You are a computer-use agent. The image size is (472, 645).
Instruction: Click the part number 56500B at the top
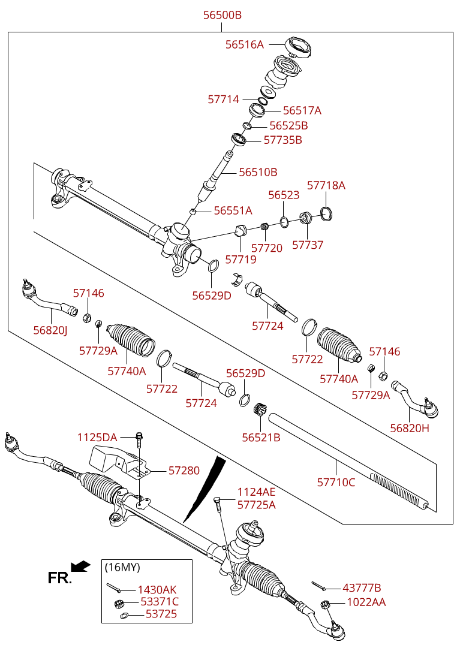[x=222, y=15]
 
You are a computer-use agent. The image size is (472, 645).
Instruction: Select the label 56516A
[x=244, y=44]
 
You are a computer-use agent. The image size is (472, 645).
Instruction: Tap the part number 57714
[x=223, y=100]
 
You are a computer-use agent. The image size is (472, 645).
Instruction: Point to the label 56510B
[x=258, y=172]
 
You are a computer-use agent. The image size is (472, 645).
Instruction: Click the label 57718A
[x=326, y=185]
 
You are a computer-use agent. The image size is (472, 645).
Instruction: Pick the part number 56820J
[x=50, y=330]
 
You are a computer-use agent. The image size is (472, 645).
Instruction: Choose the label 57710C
[x=336, y=481]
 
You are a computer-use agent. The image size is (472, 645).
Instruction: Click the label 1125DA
[x=97, y=438]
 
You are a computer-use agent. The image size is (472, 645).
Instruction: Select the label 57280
[x=184, y=471]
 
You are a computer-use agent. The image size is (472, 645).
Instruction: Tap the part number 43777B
[x=362, y=588]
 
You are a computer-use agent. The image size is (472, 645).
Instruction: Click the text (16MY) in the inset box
[x=122, y=567]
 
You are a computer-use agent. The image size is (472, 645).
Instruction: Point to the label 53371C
[x=160, y=602]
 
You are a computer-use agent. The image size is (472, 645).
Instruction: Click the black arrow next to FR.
[x=80, y=566]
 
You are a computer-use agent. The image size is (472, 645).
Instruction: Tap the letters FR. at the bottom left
[x=59, y=578]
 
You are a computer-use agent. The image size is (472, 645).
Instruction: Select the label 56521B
[x=261, y=438]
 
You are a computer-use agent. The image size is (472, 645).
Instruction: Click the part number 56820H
[x=410, y=428]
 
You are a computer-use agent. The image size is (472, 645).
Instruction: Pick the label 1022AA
[x=366, y=602]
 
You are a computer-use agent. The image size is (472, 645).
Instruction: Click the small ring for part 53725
[x=124, y=615]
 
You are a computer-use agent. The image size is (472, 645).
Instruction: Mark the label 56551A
[x=233, y=210]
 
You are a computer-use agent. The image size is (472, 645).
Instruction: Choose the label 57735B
[x=282, y=140]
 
